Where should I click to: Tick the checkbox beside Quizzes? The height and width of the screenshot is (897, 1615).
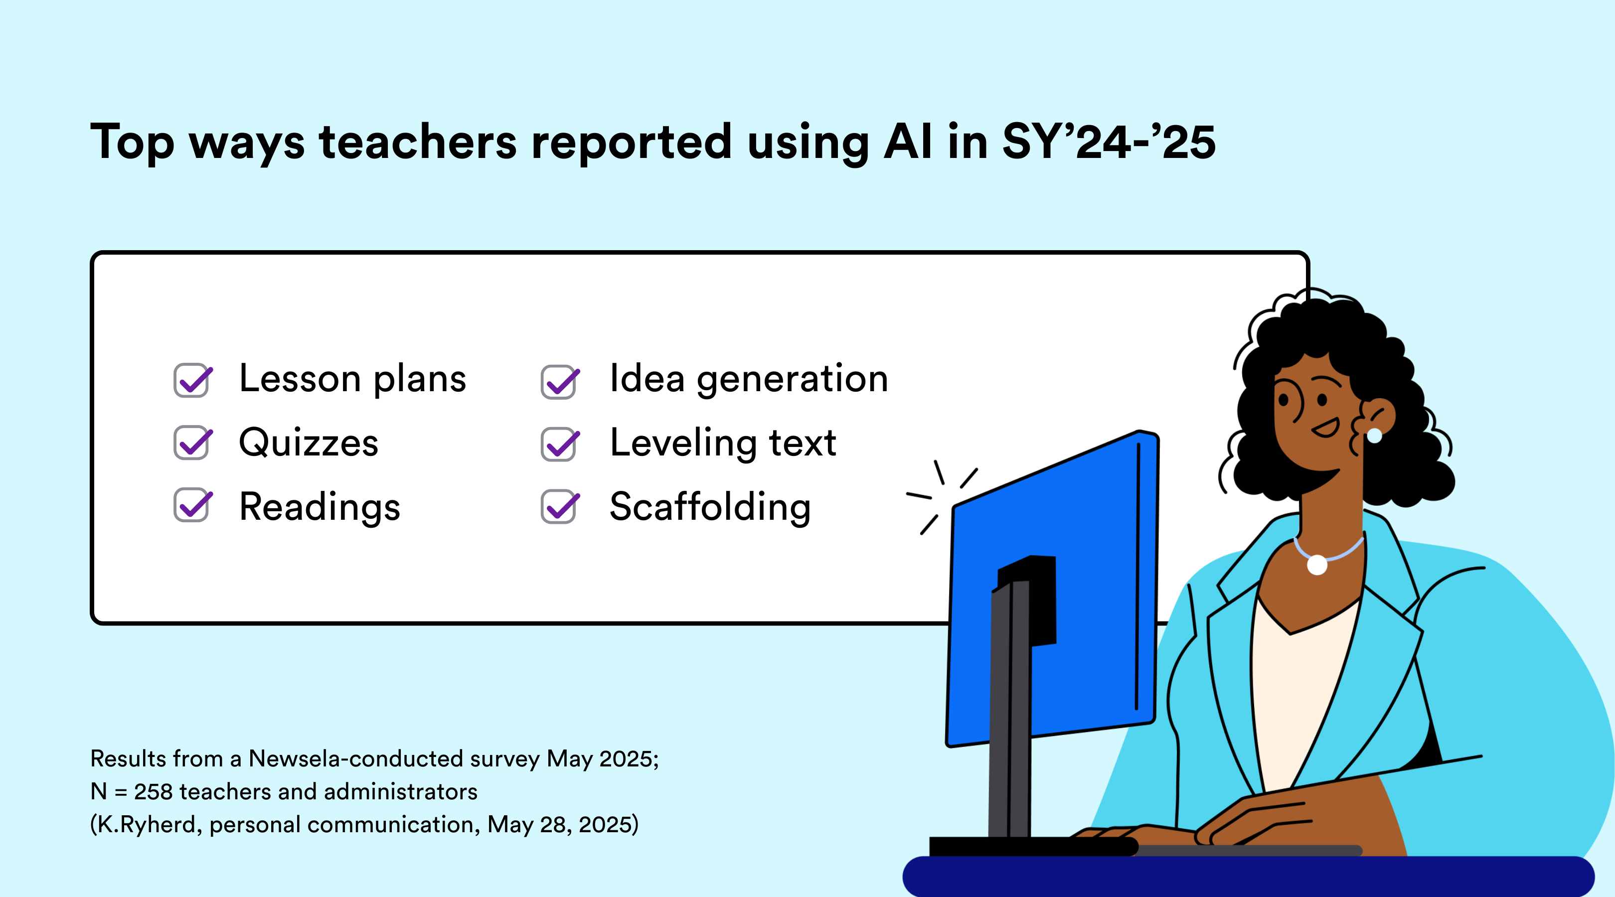[192, 443]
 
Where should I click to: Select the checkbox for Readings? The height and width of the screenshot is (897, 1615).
[192, 505]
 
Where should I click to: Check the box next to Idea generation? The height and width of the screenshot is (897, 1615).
[560, 382]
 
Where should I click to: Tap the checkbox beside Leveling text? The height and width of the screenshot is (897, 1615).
[560, 445]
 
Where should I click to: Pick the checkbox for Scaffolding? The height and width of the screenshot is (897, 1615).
[560, 506]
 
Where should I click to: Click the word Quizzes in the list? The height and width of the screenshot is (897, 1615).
[309, 443]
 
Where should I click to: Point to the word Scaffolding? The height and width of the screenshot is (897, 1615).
[710, 506]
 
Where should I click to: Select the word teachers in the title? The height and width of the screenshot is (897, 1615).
[418, 143]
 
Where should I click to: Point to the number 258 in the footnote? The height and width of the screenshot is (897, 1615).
[153, 792]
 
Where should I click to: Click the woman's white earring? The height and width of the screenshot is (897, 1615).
[1374, 436]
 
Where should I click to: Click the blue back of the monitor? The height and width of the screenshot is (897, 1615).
[1053, 589]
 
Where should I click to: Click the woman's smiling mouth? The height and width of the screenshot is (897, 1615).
[1326, 428]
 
